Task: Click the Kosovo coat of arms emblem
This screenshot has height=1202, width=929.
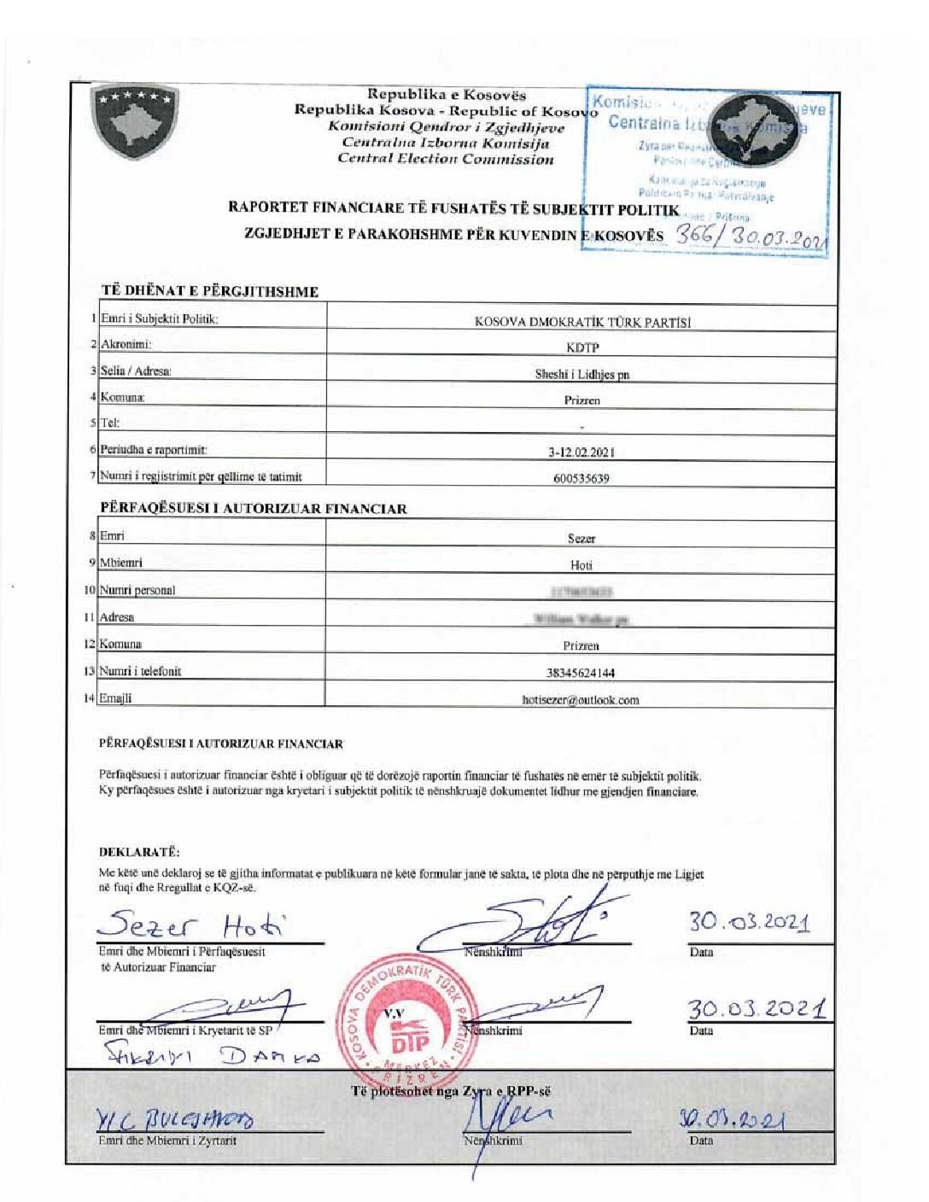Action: tap(134, 123)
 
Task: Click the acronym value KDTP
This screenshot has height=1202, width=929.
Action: tap(582, 347)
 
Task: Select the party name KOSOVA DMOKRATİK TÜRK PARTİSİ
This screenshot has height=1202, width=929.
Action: tap(582, 322)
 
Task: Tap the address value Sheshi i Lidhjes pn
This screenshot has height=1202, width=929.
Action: tap(582, 374)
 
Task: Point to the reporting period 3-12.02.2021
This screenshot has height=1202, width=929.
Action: tap(582, 452)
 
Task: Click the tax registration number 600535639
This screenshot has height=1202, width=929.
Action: tap(581, 479)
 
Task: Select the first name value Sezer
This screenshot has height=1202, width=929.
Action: tap(581, 539)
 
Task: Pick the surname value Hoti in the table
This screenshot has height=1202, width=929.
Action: tap(581, 565)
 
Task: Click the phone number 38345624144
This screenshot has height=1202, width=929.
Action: tap(581, 673)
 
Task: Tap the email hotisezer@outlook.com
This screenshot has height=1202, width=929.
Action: tap(581, 700)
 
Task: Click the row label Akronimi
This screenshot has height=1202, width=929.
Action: tap(126, 345)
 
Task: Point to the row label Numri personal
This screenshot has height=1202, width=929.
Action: tap(137, 590)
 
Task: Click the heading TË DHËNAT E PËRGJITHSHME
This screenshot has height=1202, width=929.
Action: tap(210, 291)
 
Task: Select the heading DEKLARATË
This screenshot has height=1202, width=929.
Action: tap(139, 852)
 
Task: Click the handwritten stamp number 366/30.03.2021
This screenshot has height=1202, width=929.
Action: tap(751, 236)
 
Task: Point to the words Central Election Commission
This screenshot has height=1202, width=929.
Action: tap(446, 159)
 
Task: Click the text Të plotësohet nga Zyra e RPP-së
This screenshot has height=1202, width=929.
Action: tap(451, 1091)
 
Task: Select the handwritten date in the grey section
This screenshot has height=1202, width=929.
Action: tap(731, 1119)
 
